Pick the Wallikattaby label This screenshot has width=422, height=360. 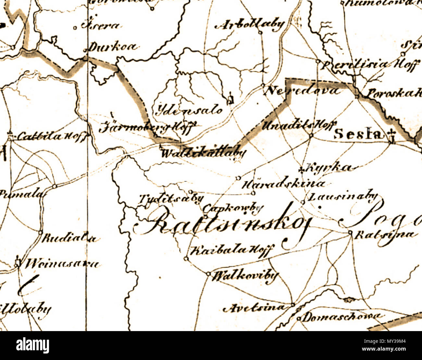(x=203, y=153)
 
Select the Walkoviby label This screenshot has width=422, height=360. (x=245, y=276)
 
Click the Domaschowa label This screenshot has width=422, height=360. (x=341, y=316)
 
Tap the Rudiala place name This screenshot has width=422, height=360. (x=69, y=239)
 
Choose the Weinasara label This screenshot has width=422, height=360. (x=62, y=263)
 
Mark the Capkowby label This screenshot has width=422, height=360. (x=233, y=207)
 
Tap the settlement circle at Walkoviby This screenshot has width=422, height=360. (x=208, y=274)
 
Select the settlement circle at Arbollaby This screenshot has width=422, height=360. (x=260, y=32)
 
